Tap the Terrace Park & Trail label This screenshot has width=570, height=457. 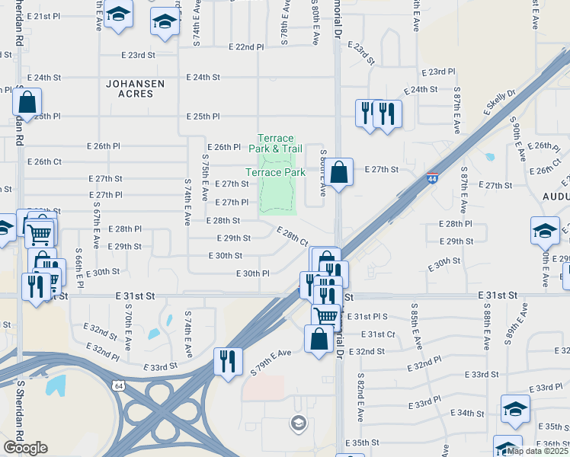[275, 142]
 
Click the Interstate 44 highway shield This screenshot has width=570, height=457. [432, 177]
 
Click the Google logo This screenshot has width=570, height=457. [25, 448]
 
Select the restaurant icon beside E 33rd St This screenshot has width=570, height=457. [228, 361]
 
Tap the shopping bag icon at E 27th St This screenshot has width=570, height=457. [341, 172]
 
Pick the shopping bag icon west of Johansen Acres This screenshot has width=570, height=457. [27, 103]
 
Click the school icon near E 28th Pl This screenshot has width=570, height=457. [546, 231]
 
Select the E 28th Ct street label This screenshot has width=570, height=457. [292, 236]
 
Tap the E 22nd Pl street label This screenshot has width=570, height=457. [248, 47]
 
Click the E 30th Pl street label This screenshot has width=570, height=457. [253, 273]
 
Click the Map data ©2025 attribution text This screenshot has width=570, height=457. [538, 451]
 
